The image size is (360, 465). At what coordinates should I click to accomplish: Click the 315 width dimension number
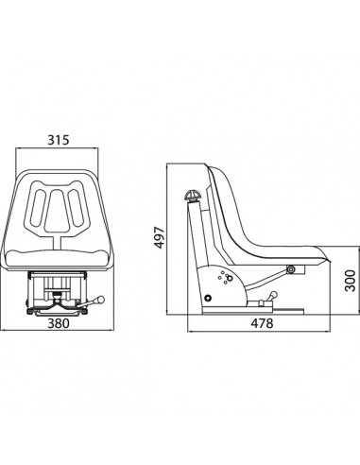(59, 142)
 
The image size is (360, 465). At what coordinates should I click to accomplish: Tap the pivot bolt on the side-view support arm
(291, 271)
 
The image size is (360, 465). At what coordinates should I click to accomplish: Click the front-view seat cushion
(61, 258)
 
